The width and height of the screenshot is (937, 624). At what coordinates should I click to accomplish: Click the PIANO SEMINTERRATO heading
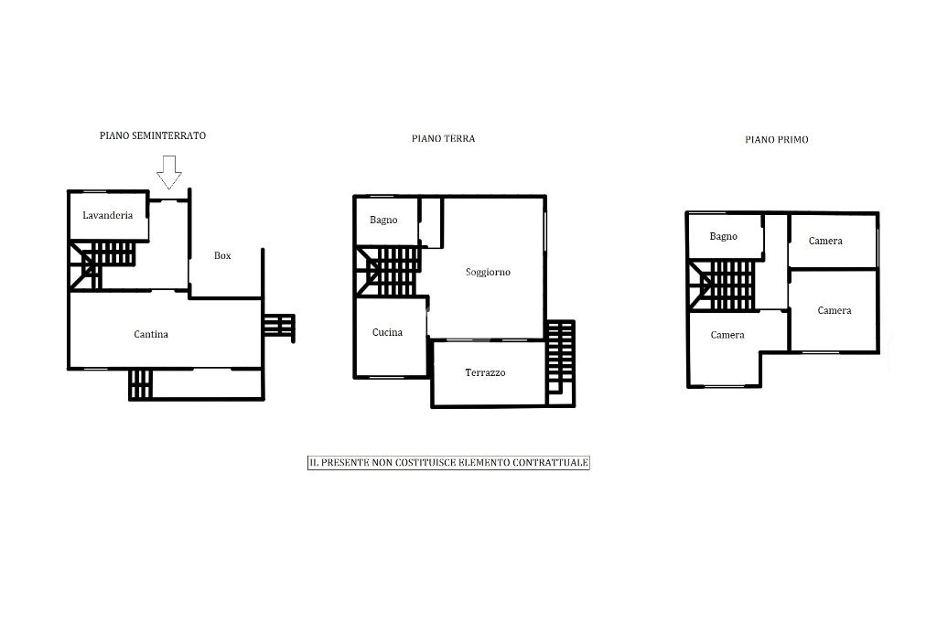pos(153,135)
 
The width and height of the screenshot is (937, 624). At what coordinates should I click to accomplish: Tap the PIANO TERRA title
pos(444,139)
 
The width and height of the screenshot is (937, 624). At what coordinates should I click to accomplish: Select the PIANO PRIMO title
pos(776,140)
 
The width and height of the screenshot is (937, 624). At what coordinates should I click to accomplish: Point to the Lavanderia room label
pos(108,215)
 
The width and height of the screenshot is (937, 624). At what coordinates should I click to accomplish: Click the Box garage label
pos(222,256)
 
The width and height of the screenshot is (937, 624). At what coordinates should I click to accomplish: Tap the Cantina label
pos(151,335)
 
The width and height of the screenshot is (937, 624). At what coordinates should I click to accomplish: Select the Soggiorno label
pos(488,273)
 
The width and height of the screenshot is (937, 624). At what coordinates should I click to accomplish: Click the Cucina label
pos(387,332)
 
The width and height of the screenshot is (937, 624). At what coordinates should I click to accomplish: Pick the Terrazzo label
pos(485,373)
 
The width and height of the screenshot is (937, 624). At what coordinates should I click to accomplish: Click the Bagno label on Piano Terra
pos(383,220)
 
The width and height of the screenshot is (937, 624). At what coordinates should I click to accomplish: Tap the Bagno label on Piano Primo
pos(723,237)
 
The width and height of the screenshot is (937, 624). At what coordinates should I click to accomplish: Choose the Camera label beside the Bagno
pos(825,241)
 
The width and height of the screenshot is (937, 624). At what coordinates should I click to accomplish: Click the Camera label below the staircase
pos(727,335)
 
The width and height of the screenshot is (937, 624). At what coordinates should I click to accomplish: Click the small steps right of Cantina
pos(278,327)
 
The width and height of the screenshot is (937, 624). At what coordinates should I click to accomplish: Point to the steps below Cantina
pos(141,384)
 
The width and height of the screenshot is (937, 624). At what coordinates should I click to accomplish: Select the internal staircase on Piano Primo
pos(721,285)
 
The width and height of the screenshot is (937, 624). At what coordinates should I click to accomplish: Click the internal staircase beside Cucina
pos(388,272)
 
